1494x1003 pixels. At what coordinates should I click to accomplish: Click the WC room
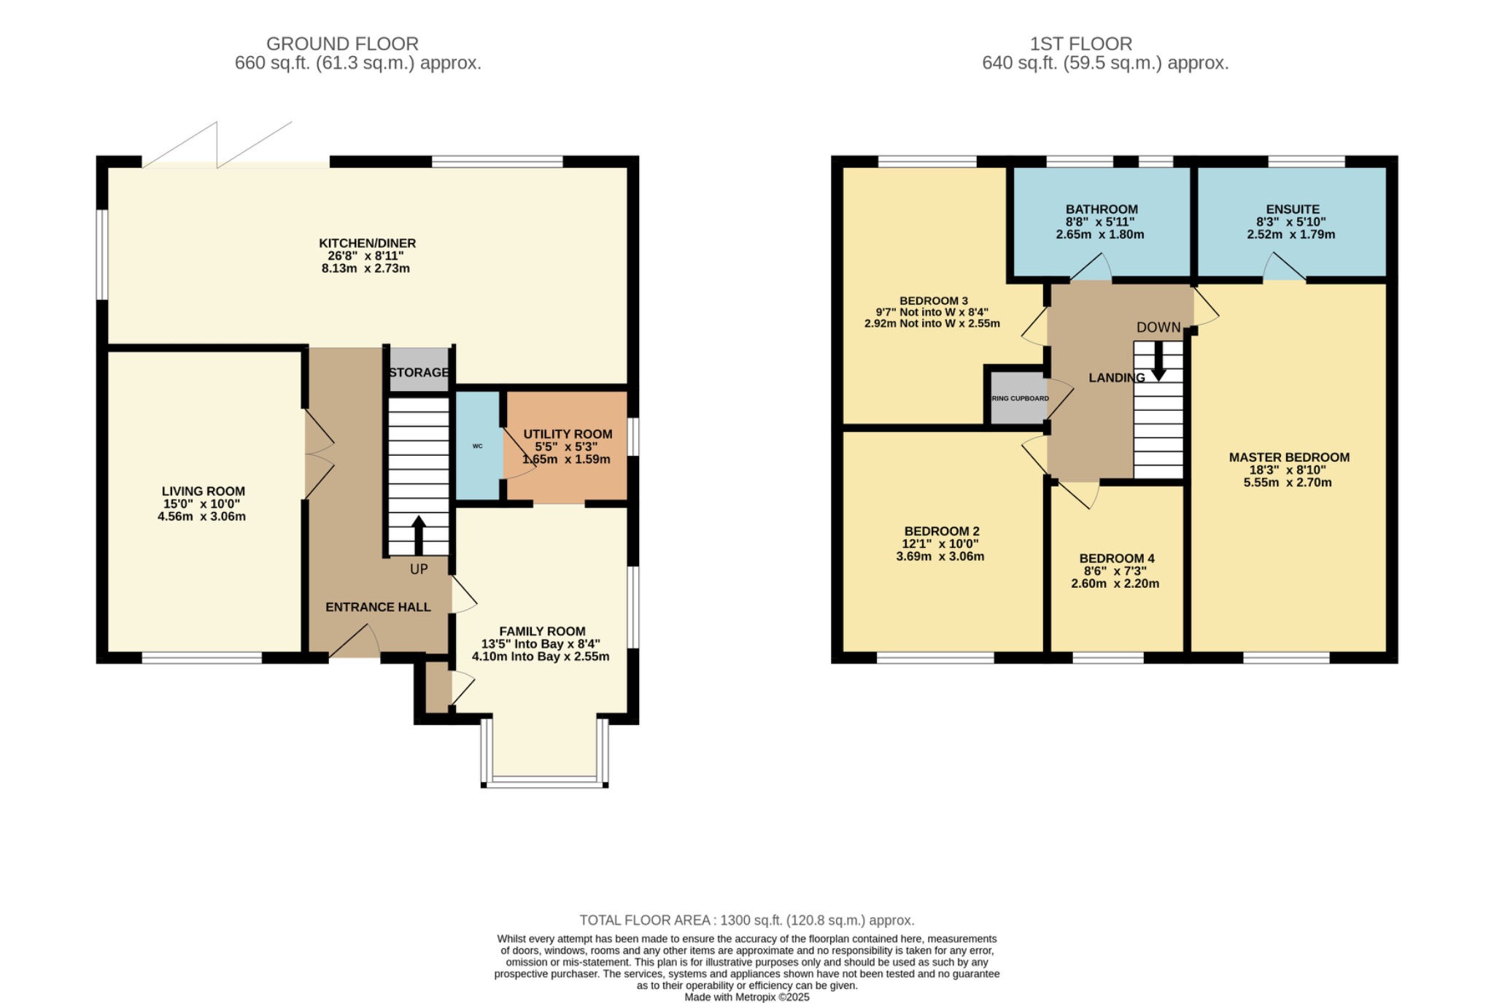point(478,446)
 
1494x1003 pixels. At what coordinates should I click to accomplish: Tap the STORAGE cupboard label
point(419,372)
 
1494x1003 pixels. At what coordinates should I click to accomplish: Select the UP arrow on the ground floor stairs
point(419,535)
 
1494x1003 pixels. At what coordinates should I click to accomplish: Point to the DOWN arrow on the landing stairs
point(1158,363)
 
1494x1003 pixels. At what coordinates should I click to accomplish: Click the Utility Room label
point(568,434)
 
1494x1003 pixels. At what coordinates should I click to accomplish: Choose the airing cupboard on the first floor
point(1019,398)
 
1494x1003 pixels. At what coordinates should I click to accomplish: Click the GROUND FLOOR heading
point(342,44)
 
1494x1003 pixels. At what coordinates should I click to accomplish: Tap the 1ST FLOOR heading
point(1080,44)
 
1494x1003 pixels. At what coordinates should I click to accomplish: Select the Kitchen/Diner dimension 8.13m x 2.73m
point(365,268)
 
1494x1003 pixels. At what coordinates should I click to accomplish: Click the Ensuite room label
point(1293,209)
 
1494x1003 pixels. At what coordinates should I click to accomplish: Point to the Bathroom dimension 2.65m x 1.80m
point(1099,235)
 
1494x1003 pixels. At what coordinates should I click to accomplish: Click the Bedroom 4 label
point(1117,559)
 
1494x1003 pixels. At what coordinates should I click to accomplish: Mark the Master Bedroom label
point(1289,457)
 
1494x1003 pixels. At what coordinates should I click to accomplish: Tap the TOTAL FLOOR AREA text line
point(746,921)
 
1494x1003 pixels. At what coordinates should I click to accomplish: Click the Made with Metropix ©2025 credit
point(746,997)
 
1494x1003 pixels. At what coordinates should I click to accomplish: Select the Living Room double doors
point(318,454)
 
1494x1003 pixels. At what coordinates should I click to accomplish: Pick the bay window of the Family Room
point(544,781)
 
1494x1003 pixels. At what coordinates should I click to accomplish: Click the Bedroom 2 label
point(941,532)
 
